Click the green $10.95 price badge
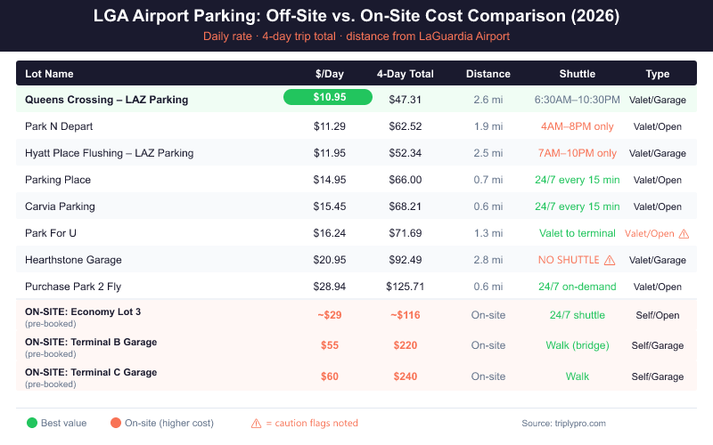coord(329,97)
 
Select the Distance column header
coord(488,74)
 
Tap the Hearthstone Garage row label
coord(73,260)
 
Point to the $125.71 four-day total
coord(406,287)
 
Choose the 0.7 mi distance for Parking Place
coord(488,180)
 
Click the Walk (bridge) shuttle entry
coord(577,345)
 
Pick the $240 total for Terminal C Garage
coord(406,376)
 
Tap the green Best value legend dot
coord(33,423)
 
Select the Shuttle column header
coord(577,74)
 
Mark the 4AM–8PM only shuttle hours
coord(577,126)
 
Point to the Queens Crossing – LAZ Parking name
coord(106,100)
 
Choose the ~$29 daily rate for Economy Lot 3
coord(329,315)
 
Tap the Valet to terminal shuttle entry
coord(577,233)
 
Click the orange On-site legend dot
coord(116,423)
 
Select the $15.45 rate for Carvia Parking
coord(329,206)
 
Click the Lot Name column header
coord(49,74)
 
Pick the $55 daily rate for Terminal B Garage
coord(329,345)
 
